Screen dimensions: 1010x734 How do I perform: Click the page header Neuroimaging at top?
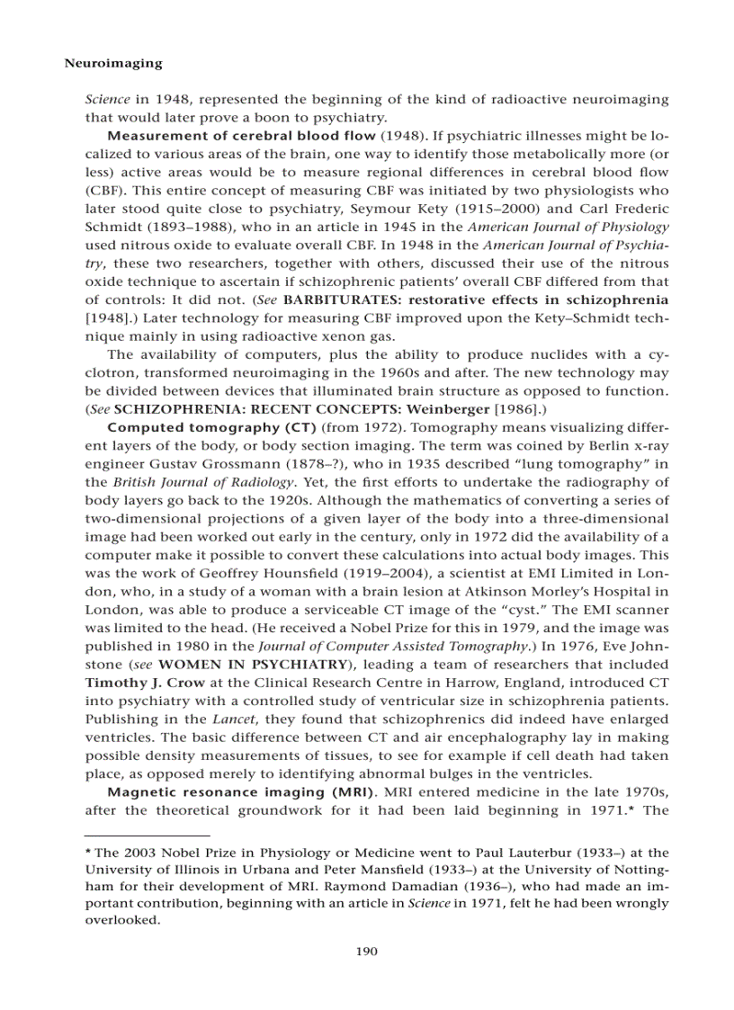(x=114, y=64)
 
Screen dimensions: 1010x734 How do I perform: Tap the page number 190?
(x=366, y=951)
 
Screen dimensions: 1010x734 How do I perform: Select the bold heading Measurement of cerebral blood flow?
(x=241, y=137)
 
